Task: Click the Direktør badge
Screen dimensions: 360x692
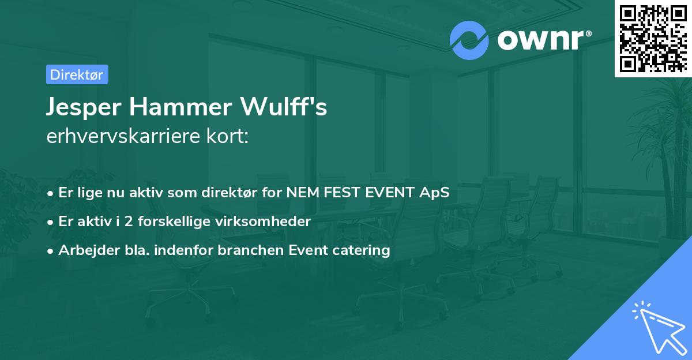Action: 77,74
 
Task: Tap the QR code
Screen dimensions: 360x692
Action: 653,38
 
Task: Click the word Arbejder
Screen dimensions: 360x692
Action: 84,250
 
